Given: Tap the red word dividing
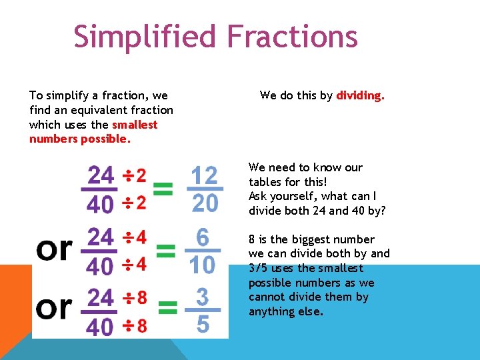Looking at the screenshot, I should (x=360, y=95).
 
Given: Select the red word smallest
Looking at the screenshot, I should (x=135, y=125).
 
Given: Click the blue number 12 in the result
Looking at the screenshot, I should (x=204, y=176).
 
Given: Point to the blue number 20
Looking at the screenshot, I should (x=204, y=203).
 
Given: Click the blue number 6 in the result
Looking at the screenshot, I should (x=203, y=238).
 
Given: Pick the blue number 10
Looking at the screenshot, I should (x=202, y=265).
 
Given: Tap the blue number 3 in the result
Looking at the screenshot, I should (x=202, y=296).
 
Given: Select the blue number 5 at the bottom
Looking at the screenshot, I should (x=203, y=325).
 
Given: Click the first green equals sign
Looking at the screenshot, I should (x=163, y=190).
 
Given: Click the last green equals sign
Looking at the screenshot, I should (x=168, y=309).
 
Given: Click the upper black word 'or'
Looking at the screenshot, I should (x=54, y=249).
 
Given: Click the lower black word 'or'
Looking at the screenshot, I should (x=54, y=307).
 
